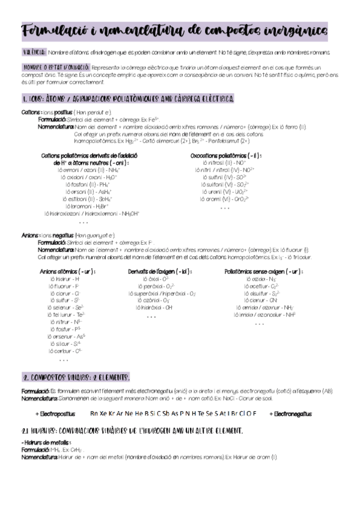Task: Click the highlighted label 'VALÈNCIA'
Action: [32, 53]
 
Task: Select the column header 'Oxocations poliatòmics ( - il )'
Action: [225, 156]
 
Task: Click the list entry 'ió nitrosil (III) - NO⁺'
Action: [224, 163]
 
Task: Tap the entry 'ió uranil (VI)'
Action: [225, 191]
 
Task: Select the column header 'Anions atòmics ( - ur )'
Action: [67, 272]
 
